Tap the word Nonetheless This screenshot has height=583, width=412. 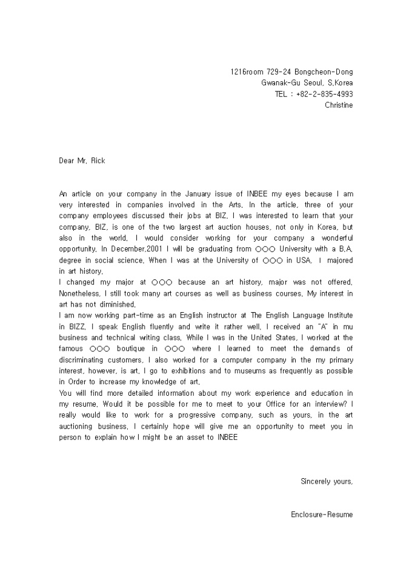pos(79,294)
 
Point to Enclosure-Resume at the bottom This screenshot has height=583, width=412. pos(322,515)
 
